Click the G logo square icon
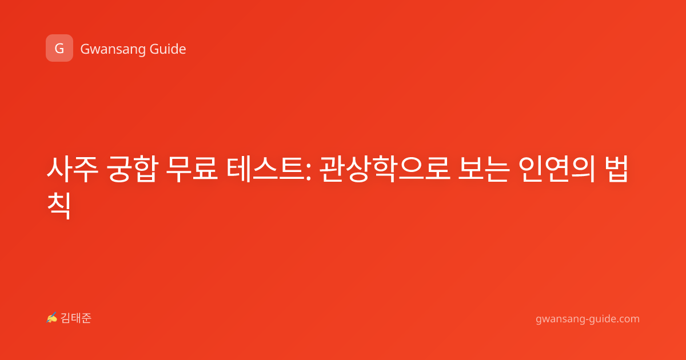[59, 48]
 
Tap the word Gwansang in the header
[113, 50]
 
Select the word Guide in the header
[168, 49]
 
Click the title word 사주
[73, 169]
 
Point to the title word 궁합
[132, 169]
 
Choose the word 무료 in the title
[192, 169]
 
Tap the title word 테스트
[265, 169]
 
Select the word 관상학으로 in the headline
[385, 169]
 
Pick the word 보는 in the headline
[484, 169]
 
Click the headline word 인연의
[557, 169]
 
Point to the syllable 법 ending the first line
[616, 169]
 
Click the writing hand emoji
[52, 318]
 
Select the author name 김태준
[76, 318]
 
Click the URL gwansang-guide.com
[588, 319]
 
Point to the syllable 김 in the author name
[66, 318]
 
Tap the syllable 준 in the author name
[86, 318]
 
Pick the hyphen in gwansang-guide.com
[587, 320]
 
